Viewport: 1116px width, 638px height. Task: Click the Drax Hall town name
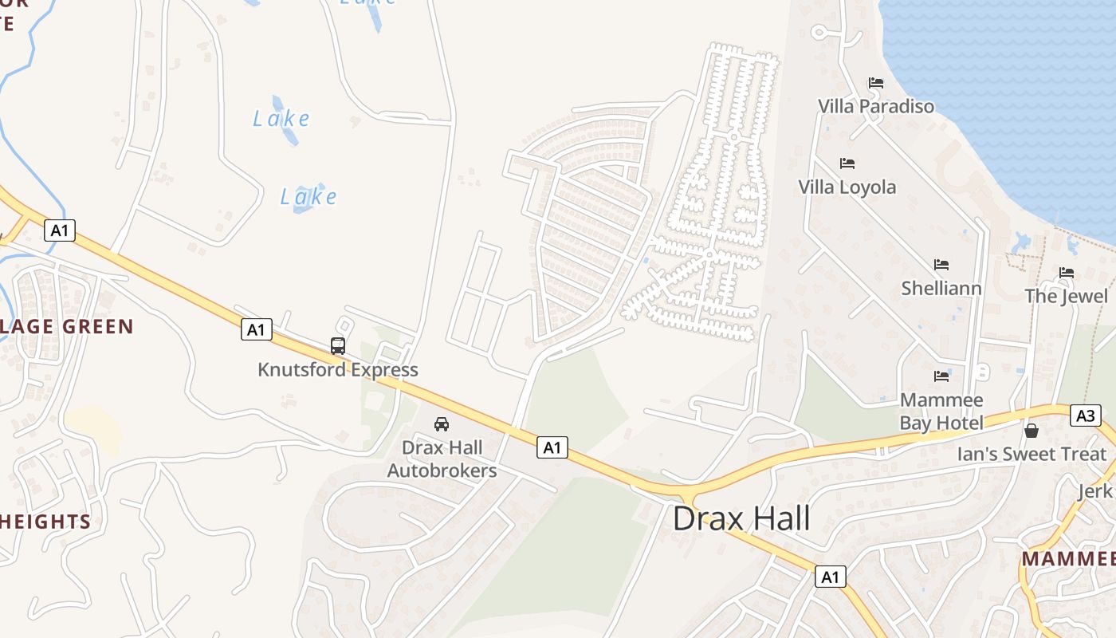pos(741,519)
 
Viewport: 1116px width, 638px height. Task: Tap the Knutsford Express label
pos(338,370)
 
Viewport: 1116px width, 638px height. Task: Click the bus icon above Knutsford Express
pos(338,346)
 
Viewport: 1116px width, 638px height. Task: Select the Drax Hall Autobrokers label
pos(442,459)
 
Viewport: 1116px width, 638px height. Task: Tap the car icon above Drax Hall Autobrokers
pos(442,423)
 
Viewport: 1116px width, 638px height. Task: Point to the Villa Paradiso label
pos(876,106)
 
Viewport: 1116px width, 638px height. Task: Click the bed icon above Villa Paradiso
pos(876,83)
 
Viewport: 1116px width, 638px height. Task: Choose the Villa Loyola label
pos(847,187)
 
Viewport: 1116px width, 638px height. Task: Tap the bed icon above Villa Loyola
pos(847,163)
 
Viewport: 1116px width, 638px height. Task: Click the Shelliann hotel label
pos(941,288)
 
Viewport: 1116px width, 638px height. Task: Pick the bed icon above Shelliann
pos(941,265)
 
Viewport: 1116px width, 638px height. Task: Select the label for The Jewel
pos(1067,297)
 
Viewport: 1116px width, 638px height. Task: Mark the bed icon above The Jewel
pos(1067,273)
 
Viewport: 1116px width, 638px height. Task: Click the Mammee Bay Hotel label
pos(941,411)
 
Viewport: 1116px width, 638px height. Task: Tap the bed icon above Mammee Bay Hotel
pos(941,376)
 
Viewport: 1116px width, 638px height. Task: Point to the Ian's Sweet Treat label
pos(1032,455)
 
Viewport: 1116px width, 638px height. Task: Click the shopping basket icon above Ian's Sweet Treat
pos(1032,431)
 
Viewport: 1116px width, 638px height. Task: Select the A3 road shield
pos(1085,415)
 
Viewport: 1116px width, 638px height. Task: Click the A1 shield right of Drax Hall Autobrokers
pos(552,447)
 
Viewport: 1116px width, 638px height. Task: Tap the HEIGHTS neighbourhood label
pos(45,522)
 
